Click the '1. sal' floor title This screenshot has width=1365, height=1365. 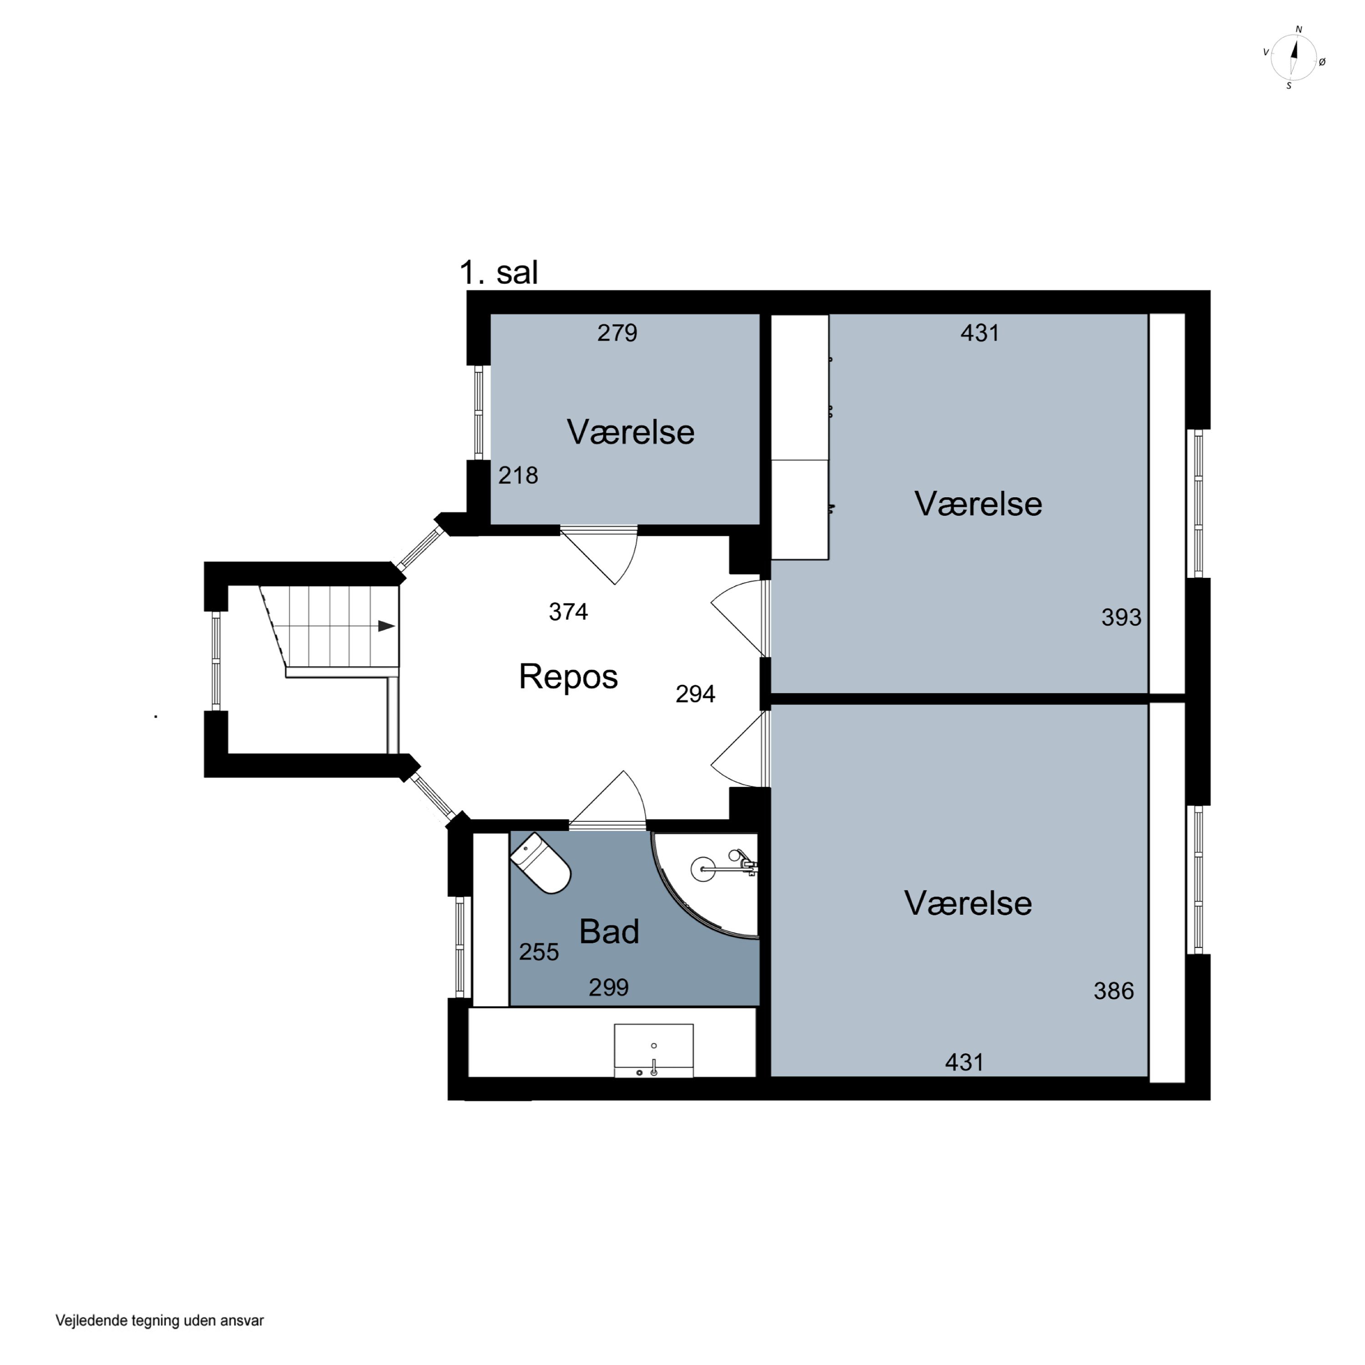(x=498, y=273)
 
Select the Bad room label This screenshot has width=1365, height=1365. (x=609, y=931)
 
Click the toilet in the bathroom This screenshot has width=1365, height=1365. (x=541, y=864)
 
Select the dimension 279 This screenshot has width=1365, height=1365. (x=617, y=333)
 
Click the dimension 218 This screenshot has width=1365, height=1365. (x=518, y=475)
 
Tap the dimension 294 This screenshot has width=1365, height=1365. (x=695, y=694)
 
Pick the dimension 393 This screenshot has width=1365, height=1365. (x=1121, y=617)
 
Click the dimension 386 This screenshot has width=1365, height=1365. (x=1113, y=991)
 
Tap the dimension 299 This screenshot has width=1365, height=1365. (x=608, y=987)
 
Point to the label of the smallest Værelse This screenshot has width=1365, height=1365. (x=630, y=432)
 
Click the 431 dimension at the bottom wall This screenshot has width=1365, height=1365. (x=965, y=1062)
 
